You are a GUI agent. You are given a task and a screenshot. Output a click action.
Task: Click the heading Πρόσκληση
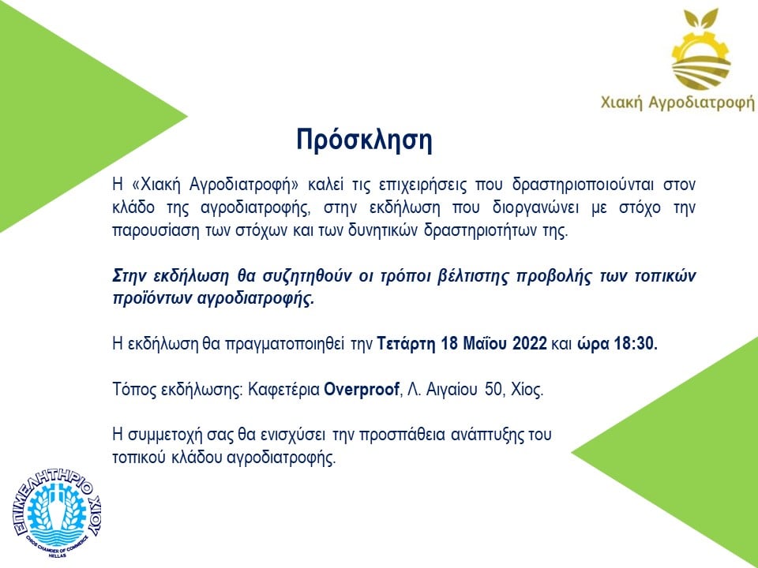[x=364, y=140]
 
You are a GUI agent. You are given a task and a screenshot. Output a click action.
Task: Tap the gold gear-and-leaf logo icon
[x=700, y=49]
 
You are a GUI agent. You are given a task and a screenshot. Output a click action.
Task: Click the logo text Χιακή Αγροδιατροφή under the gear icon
[x=677, y=103]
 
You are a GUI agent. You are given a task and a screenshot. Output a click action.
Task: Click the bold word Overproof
[x=362, y=389]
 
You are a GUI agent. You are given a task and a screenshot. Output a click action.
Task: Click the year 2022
[x=529, y=343]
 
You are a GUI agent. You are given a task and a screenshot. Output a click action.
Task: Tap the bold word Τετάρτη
[x=407, y=344]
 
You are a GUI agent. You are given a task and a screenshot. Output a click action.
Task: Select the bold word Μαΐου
[x=485, y=343]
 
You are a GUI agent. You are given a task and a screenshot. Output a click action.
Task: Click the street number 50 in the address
[x=493, y=389]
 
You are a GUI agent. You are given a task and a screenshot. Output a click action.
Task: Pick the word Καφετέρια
[x=283, y=389]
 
